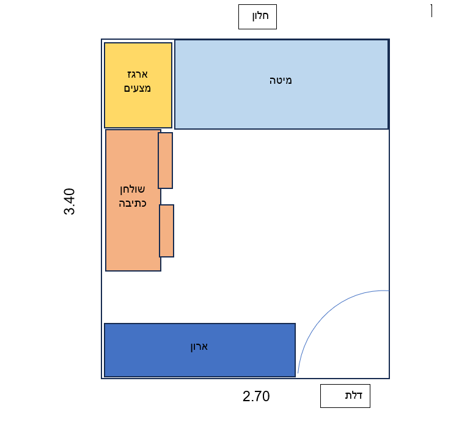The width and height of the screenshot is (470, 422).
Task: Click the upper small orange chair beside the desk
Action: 165,160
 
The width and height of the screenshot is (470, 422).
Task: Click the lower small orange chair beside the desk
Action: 166,231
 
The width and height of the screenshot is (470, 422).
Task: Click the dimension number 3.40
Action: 70,201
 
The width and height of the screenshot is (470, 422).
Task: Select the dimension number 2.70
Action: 256,396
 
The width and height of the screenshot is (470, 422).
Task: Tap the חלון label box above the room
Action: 257,17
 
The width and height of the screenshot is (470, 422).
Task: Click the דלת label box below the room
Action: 345,396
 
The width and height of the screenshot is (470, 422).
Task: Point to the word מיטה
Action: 281,80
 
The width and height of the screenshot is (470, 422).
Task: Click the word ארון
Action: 199,346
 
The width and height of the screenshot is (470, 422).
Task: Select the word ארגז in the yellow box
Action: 138,75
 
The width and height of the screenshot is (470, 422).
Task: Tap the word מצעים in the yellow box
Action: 138,88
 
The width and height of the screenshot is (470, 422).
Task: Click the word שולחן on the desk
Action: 133,189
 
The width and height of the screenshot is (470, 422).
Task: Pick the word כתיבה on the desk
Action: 133,202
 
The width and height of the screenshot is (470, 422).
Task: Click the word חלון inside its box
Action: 261,17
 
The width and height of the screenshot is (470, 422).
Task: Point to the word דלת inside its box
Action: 353,395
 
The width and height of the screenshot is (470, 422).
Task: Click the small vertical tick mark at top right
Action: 431,10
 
